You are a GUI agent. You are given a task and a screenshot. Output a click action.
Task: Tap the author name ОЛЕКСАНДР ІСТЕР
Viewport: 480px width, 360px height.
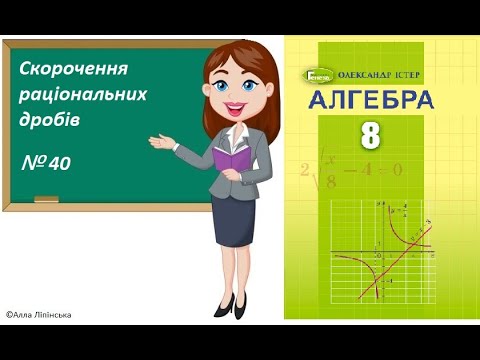click(x=384, y=74)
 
